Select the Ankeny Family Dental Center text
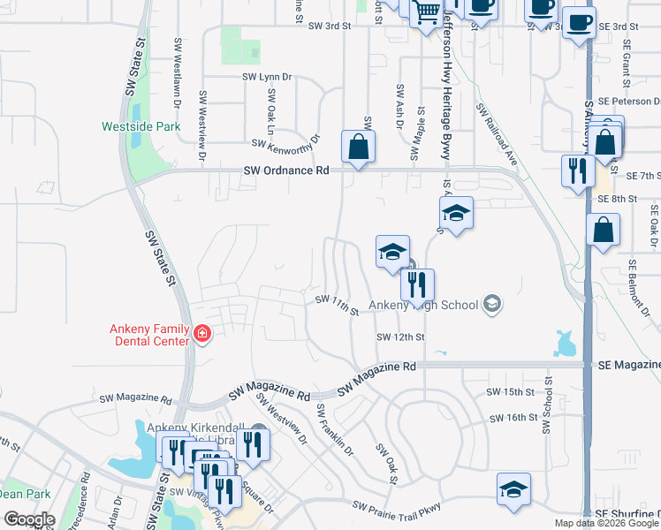[149, 335]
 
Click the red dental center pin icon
[202, 333]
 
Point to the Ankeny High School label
[423, 306]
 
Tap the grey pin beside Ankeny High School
[492, 306]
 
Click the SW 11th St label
[338, 306]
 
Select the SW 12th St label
[400, 337]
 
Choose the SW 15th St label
[511, 391]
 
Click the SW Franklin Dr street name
[335, 429]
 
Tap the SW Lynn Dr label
[266, 77]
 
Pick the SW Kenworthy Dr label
[285, 141]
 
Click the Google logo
[29, 519]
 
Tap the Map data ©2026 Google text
[607, 523]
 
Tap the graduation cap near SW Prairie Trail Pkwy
[513, 489]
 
